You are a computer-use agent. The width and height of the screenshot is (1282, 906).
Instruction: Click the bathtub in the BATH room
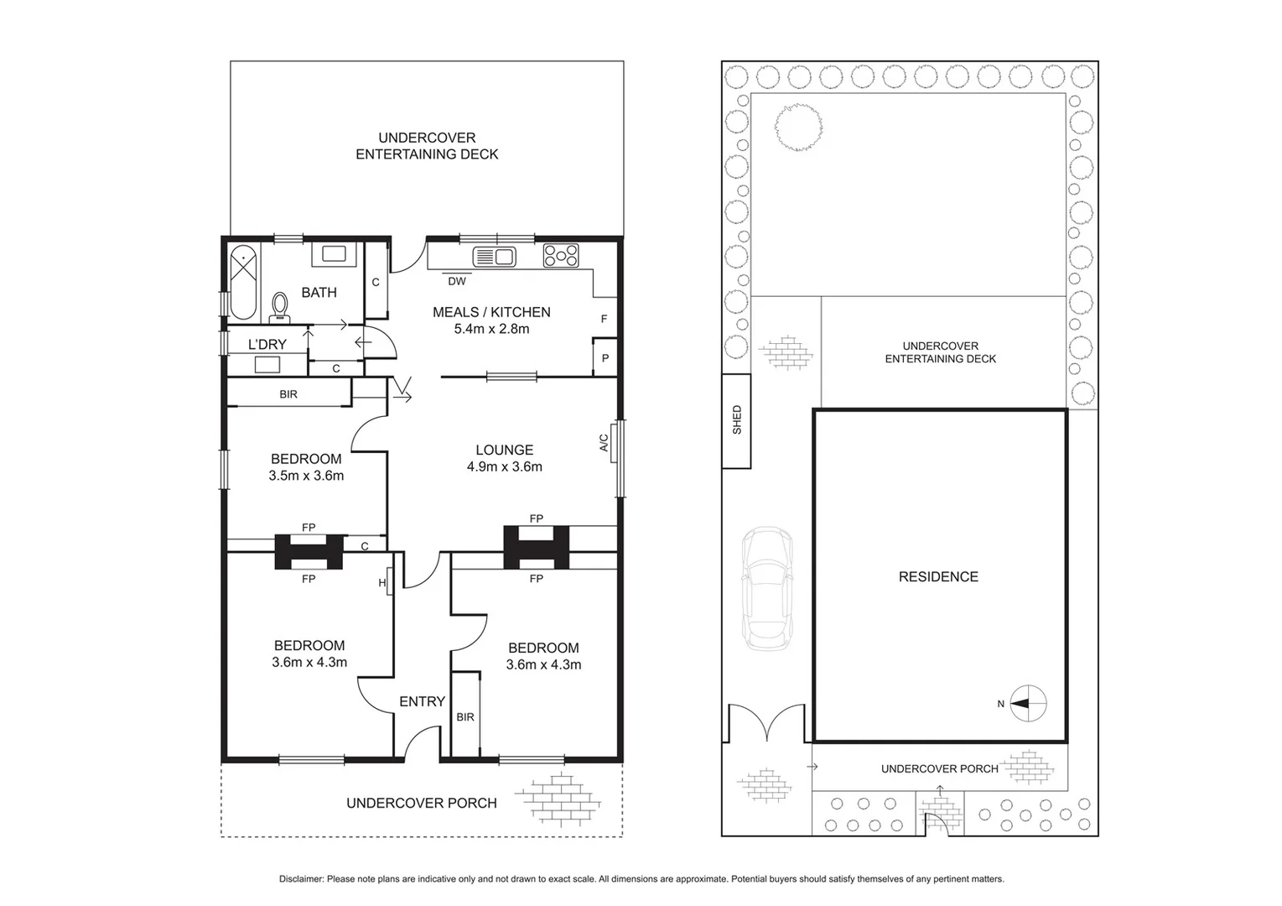243,282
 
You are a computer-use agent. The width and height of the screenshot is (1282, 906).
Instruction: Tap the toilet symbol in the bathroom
279,307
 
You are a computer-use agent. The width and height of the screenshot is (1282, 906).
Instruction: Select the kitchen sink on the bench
494,256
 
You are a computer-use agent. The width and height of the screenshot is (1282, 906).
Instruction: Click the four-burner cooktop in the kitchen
560,255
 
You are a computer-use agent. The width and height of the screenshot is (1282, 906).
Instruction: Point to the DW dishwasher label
456,281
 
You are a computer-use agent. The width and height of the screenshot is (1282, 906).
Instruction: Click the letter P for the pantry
605,358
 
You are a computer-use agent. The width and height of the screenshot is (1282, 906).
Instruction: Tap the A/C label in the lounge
604,442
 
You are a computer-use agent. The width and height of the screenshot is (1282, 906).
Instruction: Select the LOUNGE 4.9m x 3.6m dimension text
504,466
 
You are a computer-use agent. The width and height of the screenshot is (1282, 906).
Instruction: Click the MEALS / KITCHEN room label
491,312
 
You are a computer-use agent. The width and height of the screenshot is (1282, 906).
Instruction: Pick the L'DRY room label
267,344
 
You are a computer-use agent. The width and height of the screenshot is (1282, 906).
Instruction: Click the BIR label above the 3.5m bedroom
288,393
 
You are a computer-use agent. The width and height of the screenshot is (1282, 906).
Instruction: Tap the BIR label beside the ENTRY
465,716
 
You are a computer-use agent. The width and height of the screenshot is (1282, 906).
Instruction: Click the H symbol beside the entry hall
382,582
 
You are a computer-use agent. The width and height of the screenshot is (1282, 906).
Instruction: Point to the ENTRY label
422,701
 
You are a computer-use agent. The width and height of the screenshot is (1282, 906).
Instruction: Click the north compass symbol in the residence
1029,703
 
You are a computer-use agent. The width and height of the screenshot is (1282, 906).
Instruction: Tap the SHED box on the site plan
737,419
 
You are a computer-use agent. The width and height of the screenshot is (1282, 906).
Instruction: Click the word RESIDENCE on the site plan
938,576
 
